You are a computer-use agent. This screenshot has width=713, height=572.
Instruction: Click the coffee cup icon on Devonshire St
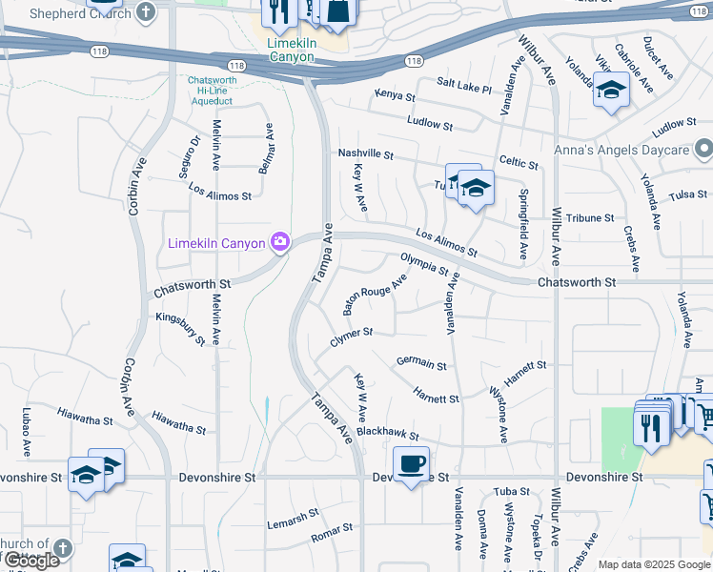411,464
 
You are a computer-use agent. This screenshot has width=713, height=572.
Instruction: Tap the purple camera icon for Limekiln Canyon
279,241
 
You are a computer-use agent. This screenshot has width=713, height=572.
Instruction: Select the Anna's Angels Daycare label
622,151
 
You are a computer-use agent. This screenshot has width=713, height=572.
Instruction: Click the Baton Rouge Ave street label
375,295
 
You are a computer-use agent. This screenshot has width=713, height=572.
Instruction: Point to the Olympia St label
424,263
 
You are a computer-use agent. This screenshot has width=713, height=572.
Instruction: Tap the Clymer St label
351,337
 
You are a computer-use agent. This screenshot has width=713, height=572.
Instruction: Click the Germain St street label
421,362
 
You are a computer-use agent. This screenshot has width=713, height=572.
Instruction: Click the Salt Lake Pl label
463,88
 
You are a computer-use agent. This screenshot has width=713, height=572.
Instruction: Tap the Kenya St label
395,96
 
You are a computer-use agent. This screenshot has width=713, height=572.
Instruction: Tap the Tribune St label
590,218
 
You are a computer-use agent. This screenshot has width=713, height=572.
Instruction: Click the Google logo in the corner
31,561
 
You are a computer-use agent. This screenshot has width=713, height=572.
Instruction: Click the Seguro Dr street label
194,154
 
